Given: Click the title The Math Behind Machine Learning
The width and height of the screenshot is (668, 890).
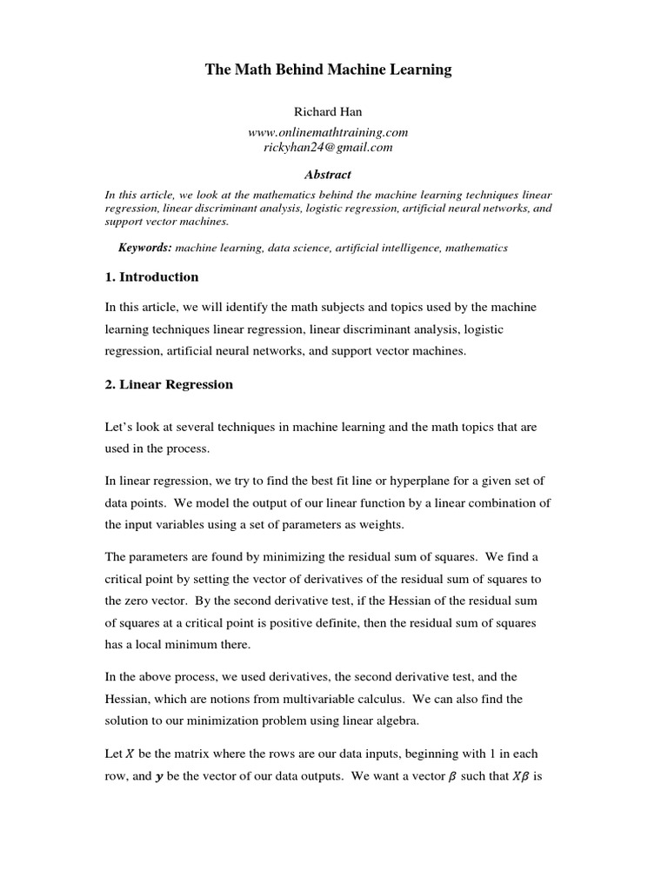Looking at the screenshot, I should coord(328,70).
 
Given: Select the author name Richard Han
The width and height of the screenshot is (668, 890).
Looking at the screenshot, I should coord(328,113).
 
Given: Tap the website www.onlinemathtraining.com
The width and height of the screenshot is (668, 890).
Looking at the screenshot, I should coord(328,132).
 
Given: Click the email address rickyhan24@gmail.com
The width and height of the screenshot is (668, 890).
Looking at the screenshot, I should coord(328,148).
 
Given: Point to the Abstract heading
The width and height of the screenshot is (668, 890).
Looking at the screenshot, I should coord(328,175).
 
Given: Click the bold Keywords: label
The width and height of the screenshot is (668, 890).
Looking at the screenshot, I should coord(145,248).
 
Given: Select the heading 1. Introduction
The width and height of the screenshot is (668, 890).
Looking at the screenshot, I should coord(151,277).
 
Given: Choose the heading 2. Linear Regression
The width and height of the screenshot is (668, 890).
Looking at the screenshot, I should coord(169,384).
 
